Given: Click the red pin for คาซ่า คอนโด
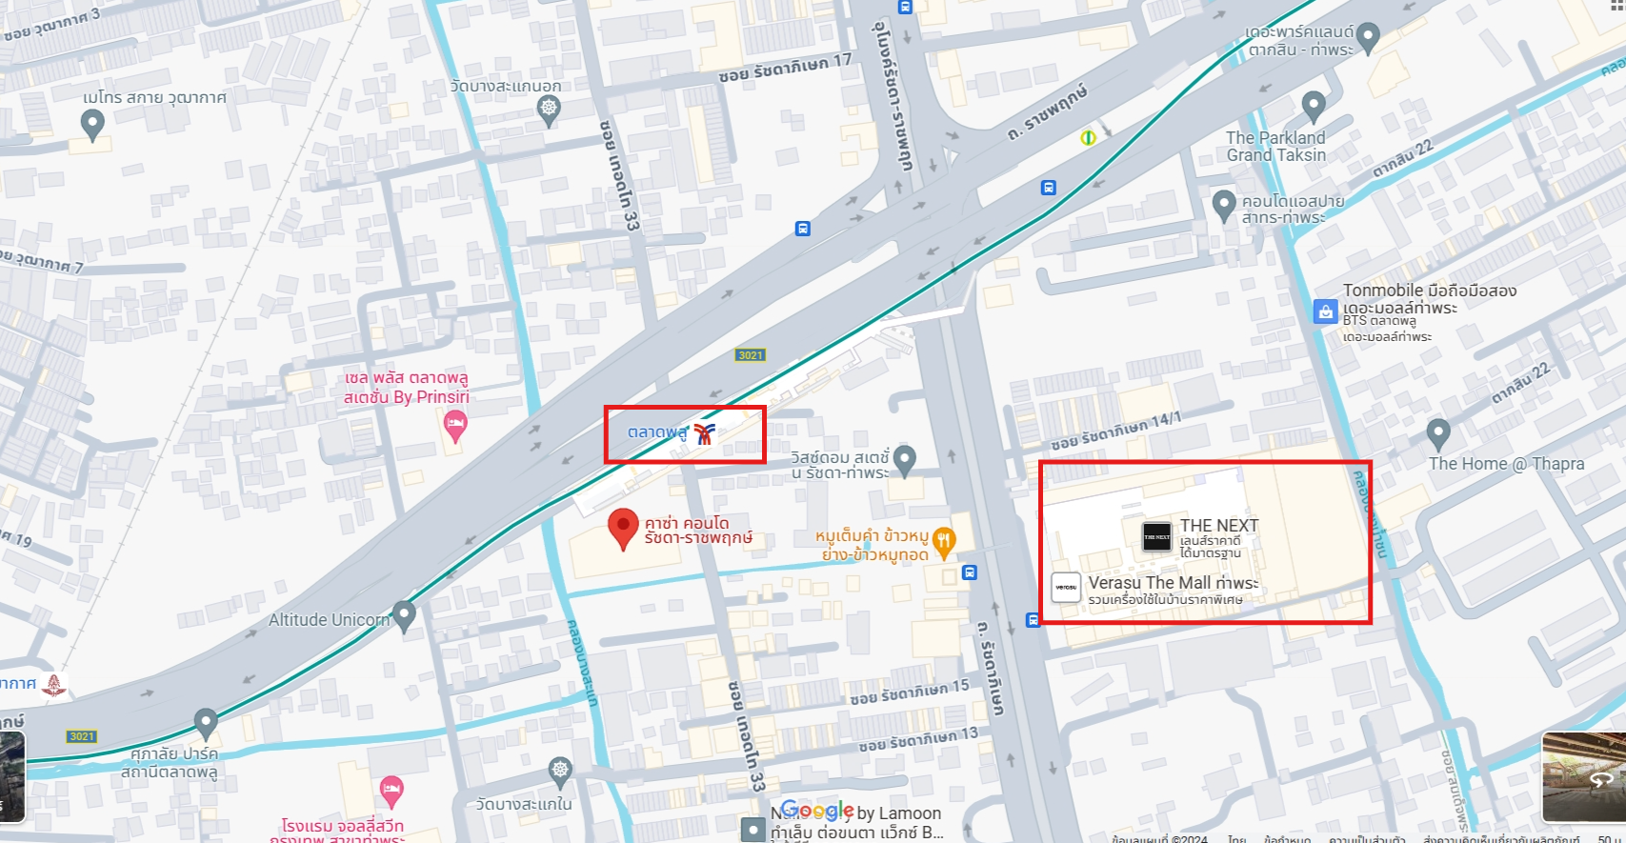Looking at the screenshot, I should (x=623, y=526).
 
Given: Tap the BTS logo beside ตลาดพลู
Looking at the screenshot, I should (x=704, y=434).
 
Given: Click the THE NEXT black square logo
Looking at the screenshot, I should (x=1156, y=536).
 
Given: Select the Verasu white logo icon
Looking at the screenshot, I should (x=1066, y=587).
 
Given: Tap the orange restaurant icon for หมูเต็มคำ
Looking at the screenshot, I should (x=943, y=540).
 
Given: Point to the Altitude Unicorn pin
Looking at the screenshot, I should (x=404, y=614).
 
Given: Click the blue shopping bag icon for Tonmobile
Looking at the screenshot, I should (x=1325, y=311).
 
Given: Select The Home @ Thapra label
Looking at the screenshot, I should (x=1506, y=464).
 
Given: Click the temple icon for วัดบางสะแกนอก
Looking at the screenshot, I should (x=549, y=109).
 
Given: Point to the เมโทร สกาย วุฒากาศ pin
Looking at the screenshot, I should (x=92, y=123).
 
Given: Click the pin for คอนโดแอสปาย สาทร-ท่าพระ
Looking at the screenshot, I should (x=1223, y=204).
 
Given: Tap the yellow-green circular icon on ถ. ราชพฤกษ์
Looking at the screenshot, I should (x=1088, y=138).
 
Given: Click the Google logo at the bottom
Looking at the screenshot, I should (x=817, y=811).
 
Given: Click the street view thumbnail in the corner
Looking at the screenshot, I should (x=1583, y=776).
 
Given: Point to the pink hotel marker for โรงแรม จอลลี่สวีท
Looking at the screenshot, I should (x=391, y=789).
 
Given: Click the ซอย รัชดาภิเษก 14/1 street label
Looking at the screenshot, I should (x=1115, y=432).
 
